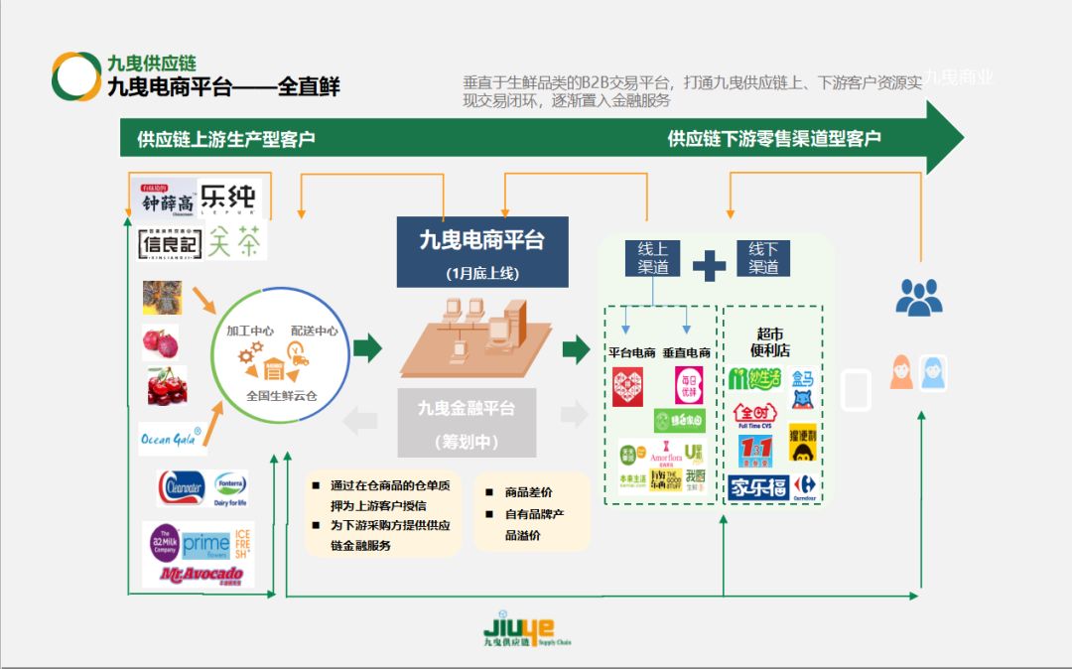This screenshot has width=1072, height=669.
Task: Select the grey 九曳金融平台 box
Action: click(x=466, y=422)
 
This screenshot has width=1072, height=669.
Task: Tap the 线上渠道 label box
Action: click(x=652, y=259)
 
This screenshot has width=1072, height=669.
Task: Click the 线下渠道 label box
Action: click(x=763, y=259)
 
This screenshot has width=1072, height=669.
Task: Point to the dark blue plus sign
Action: click(x=709, y=266)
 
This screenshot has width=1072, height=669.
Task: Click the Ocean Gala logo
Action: click(x=170, y=436)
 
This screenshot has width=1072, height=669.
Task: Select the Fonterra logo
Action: click(x=230, y=486)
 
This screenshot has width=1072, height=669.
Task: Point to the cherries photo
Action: click(x=166, y=386)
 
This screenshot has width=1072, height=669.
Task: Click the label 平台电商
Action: click(x=631, y=351)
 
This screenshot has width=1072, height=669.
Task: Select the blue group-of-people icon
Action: click(x=918, y=296)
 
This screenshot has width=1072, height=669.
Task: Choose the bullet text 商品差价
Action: click(x=528, y=492)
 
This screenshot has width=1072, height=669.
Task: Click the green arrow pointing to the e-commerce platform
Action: click(x=367, y=347)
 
